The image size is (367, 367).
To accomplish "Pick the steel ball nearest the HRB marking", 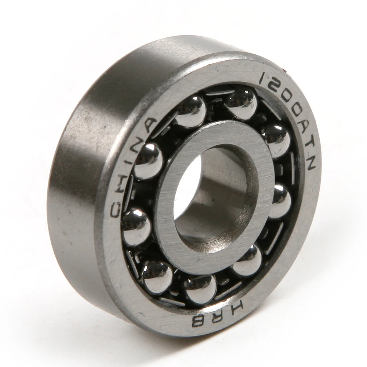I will pyautogui.click(x=200, y=288).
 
